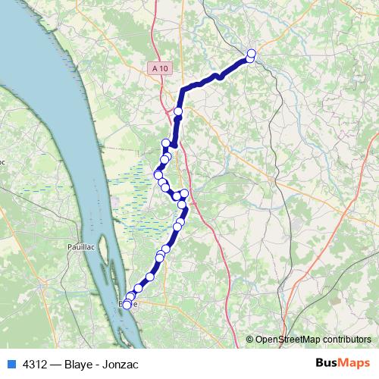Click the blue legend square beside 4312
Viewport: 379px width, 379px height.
[11, 364]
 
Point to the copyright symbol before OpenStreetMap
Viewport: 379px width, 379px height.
[250, 340]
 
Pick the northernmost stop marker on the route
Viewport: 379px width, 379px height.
[251, 53]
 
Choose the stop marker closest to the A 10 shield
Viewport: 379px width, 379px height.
[178, 112]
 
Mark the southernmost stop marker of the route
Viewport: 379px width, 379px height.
[127, 305]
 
